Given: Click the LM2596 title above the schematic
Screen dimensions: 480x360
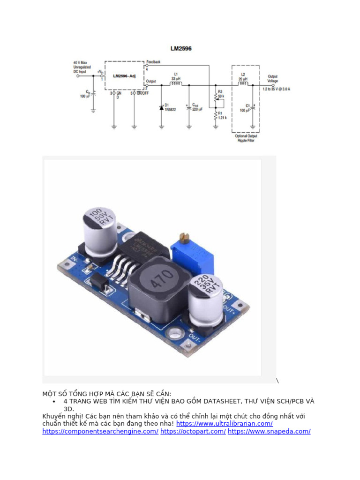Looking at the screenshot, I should point(180,48).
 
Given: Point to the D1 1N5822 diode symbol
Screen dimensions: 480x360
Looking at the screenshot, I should point(162,108).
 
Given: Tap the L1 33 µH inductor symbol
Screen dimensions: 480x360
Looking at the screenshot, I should point(176,84).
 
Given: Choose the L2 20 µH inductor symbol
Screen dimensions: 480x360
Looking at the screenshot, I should point(243,84).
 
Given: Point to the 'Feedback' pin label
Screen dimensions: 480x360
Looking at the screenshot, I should point(153,62).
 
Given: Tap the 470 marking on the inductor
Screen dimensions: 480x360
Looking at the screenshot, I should point(161,282).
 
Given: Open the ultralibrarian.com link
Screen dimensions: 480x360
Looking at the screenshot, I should point(225,424).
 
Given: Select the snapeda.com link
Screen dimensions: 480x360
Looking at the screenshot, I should point(269,431).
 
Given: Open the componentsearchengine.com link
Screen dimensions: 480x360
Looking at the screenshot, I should point(100,431).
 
